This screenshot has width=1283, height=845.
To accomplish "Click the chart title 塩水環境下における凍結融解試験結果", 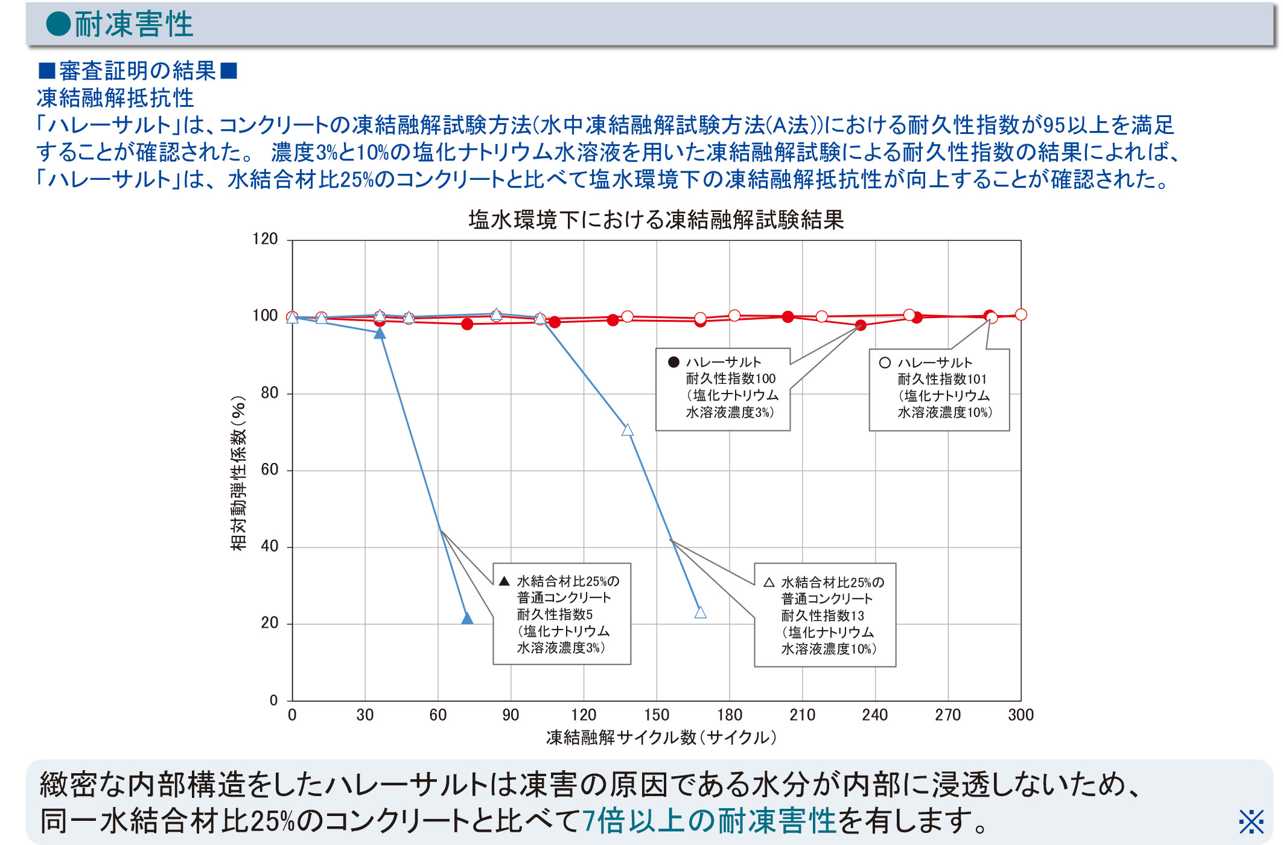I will [656, 220].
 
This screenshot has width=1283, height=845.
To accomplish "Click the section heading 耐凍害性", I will [133, 25].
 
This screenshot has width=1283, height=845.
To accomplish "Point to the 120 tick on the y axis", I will [265, 239].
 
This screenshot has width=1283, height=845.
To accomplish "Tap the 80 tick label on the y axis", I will [269, 393].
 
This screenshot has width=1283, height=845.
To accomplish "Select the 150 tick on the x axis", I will [657, 715].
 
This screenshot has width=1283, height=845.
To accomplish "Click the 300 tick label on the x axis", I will [1020, 715].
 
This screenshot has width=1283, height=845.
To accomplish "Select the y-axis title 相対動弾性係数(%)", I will [239, 473].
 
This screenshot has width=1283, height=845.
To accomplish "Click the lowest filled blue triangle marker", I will [467, 618].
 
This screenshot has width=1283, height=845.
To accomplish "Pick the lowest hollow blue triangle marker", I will [700, 613].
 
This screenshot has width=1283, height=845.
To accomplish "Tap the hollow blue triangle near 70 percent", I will [628, 430].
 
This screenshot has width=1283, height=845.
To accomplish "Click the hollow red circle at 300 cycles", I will [1021, 314].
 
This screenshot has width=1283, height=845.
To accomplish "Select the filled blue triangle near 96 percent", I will [380, 333].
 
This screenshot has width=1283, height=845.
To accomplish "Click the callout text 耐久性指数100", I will [730, 379].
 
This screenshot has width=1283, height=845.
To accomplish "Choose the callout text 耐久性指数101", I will [942, 380].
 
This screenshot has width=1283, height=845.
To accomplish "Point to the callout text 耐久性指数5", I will [555, 615].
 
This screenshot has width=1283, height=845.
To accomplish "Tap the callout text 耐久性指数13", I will [823, 616].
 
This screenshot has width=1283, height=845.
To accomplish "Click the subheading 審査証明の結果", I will [138, 71].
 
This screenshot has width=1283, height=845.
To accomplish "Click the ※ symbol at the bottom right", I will [1251, 821].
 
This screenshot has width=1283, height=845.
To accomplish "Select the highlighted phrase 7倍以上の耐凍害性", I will [709, 821].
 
